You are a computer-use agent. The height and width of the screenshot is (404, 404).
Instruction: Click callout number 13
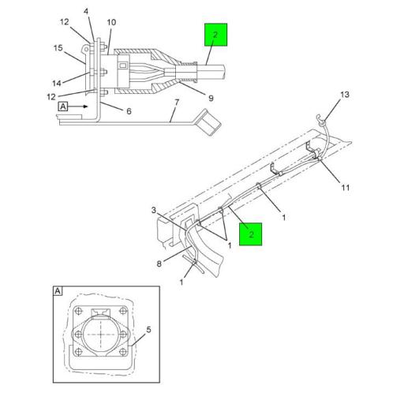345,95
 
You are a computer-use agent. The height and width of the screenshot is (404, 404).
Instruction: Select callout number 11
346,188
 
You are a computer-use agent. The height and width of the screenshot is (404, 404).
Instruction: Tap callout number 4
86,12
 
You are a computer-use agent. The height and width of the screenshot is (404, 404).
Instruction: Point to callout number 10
111,22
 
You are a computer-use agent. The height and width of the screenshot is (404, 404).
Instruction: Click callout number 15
58,48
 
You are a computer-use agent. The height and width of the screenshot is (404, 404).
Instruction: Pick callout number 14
57,84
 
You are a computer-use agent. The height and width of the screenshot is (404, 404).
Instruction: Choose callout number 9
211,99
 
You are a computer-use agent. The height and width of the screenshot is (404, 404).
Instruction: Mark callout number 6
129,111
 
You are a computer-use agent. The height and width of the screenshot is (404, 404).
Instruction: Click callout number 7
177,103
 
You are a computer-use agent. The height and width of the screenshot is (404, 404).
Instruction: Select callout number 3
154,211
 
